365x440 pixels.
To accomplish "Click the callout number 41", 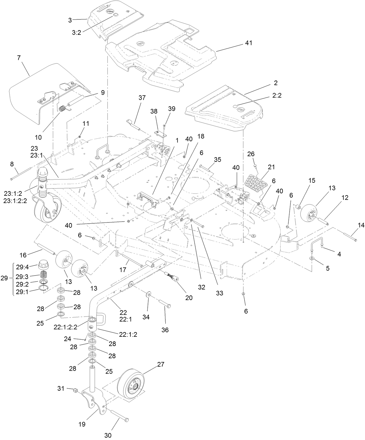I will [248, 43].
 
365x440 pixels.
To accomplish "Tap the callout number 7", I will [19, 58].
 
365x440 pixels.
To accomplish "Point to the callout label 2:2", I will [277, 95].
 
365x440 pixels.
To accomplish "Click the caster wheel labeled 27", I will [131, 385].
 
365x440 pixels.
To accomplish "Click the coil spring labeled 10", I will [62, 109].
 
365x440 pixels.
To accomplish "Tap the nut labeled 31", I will [74, 390].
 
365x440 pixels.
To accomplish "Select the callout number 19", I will [82, 424].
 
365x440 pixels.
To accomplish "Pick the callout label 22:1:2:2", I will [65, 327].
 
